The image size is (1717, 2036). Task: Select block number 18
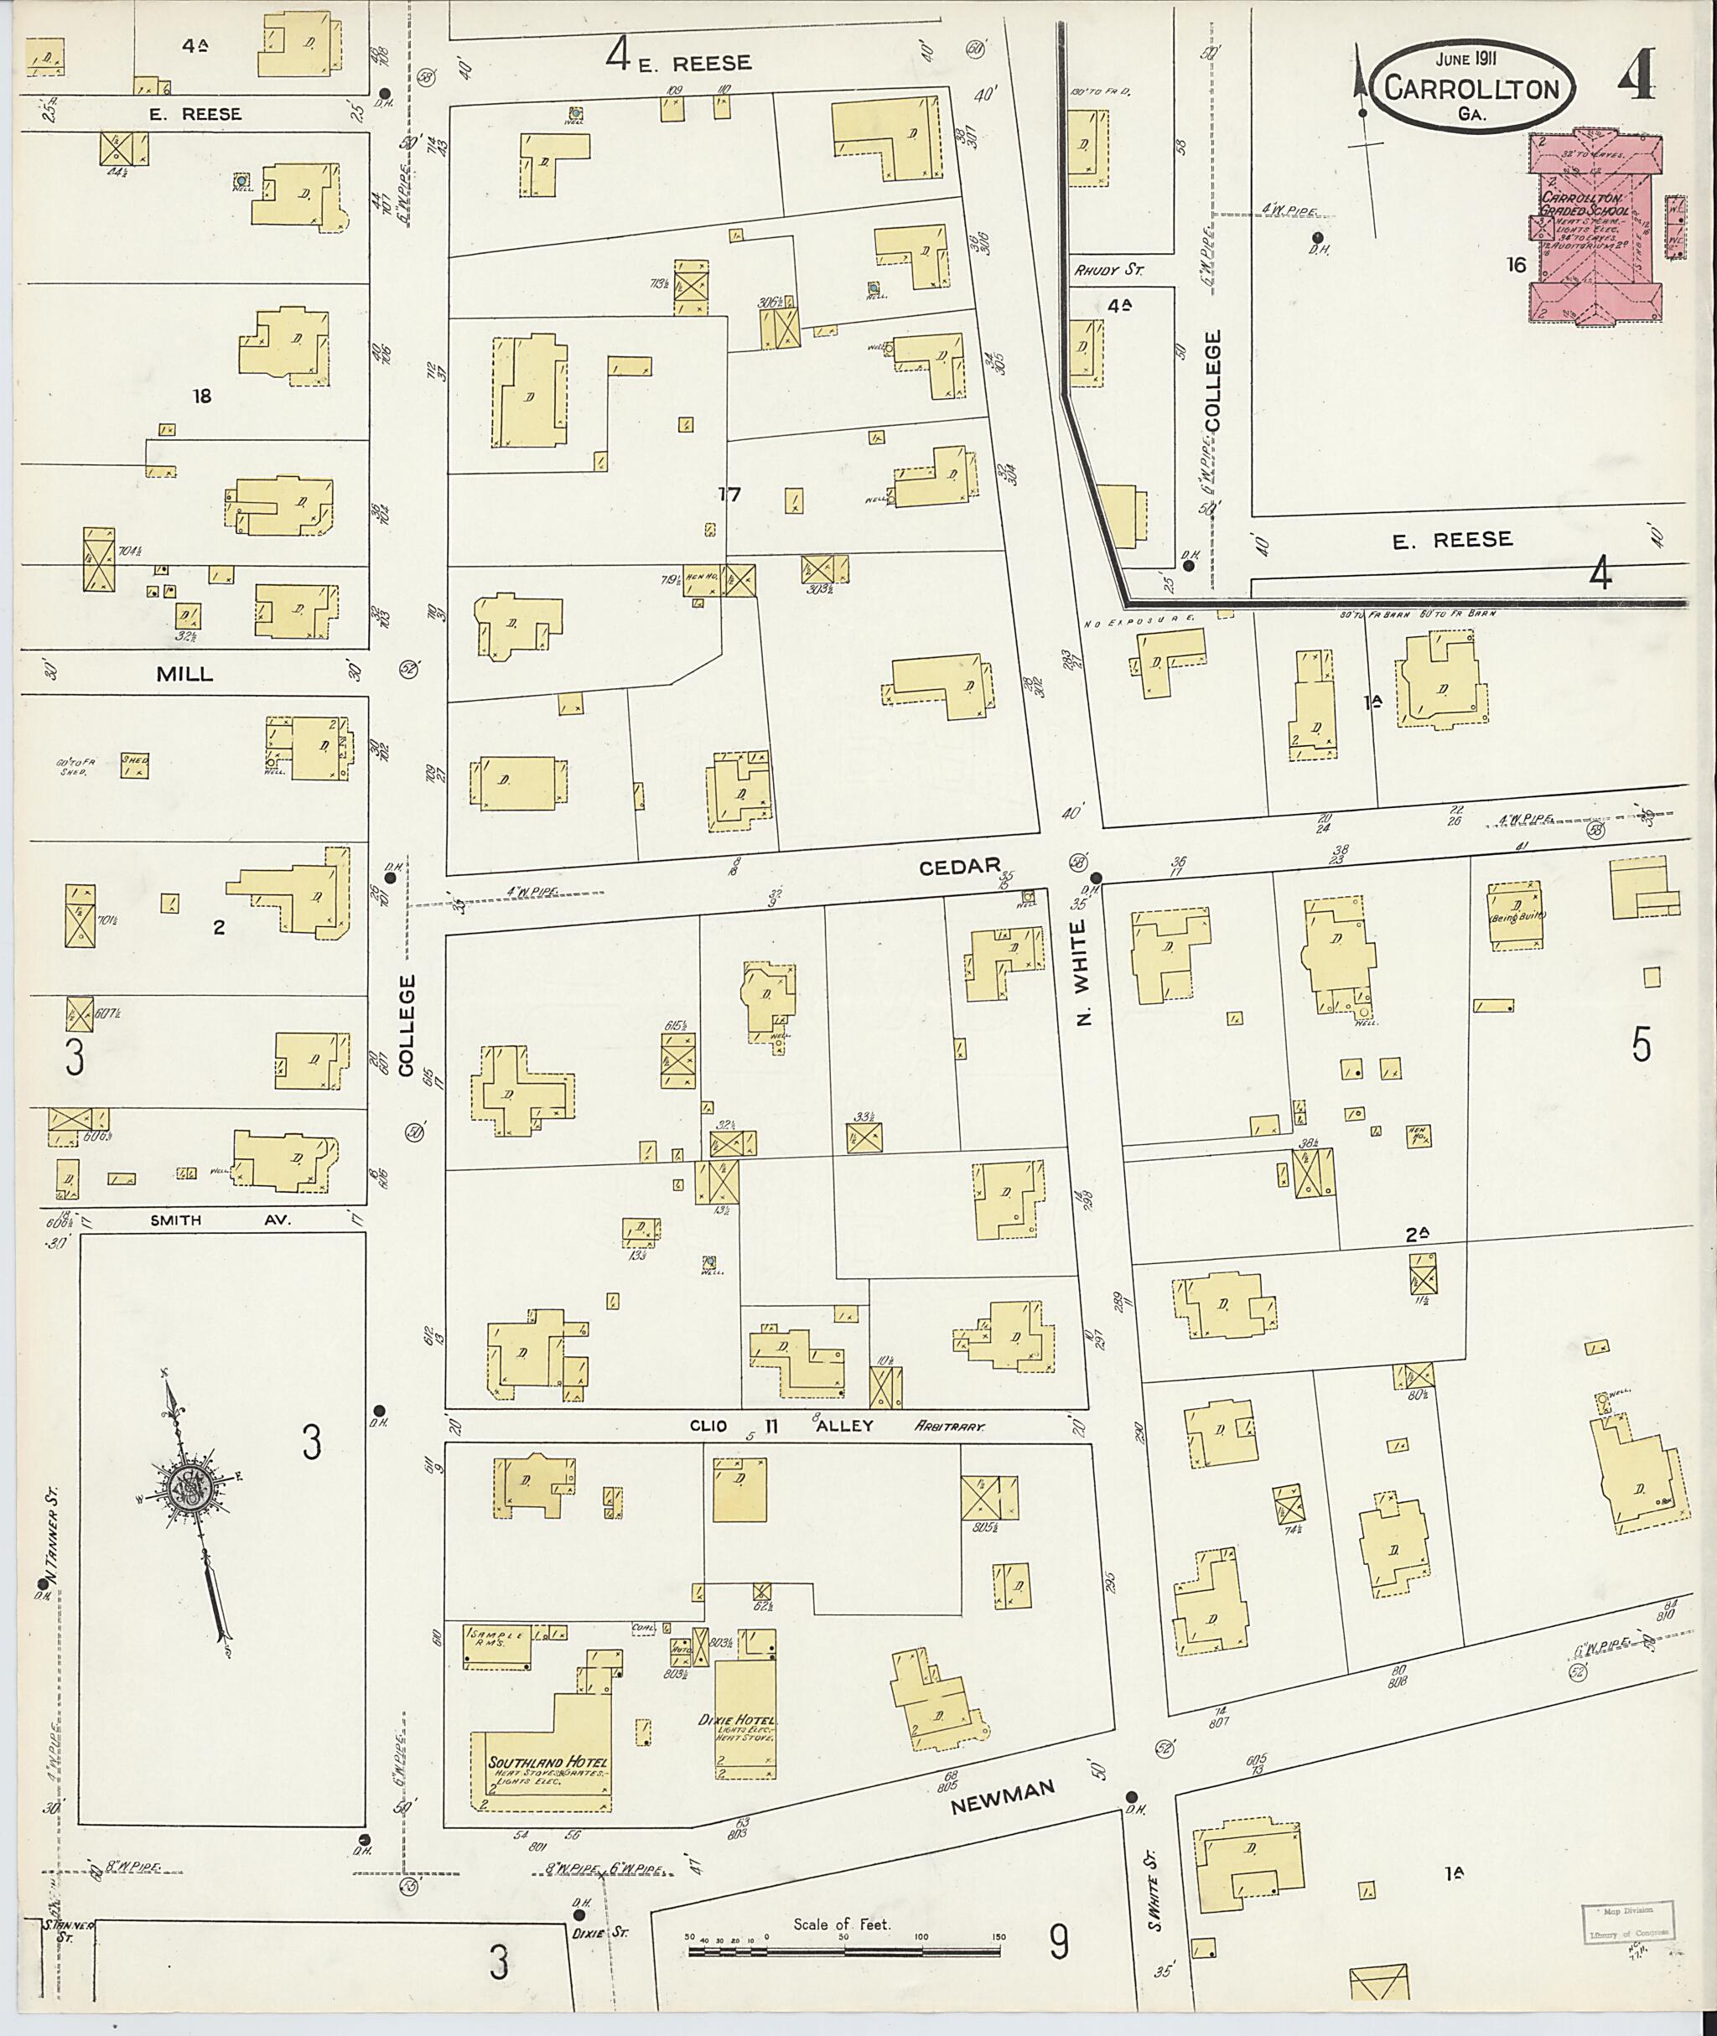coord(201,396)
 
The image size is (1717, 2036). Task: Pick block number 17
coord(729,495)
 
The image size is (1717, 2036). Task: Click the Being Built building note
coord(1516,917)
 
